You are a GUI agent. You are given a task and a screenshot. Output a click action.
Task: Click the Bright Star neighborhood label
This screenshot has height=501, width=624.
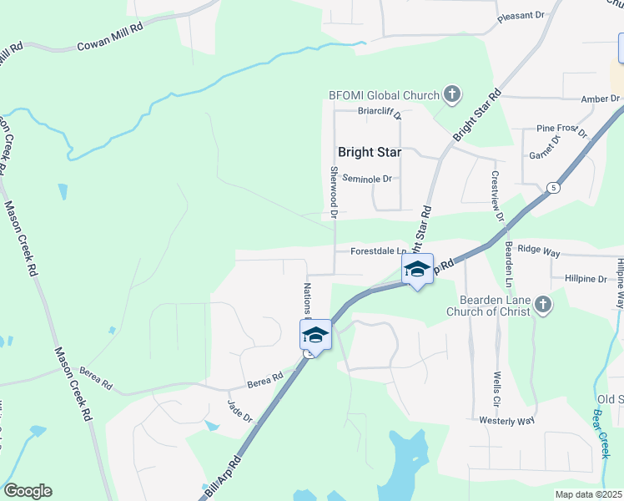(x=369, y=152)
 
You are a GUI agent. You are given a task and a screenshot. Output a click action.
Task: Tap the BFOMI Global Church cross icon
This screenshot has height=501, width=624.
(x=451, y=94)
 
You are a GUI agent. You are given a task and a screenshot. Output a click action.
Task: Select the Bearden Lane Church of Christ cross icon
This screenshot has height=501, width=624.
(x=543, y=305)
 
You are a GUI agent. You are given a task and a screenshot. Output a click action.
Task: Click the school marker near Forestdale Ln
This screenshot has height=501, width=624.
(x=418, y=269)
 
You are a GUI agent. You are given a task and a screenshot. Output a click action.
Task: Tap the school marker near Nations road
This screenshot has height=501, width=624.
(x=315, y=335)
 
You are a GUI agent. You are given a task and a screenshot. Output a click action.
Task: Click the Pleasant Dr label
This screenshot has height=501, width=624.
(x=521, y=15)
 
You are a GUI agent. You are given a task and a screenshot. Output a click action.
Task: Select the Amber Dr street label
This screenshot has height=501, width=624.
(x=601, y=99)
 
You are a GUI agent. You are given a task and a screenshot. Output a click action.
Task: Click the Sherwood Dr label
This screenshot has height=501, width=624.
(x=334, y=191)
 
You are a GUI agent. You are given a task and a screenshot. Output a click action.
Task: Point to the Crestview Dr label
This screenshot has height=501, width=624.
(x=497, y=196)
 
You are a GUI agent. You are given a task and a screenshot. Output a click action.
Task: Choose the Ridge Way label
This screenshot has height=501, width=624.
(x=539, y=249)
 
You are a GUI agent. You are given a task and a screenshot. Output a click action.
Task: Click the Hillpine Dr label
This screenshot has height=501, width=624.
(x=585, y=278)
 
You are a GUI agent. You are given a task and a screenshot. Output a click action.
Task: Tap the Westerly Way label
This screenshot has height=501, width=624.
(x=506, y=420)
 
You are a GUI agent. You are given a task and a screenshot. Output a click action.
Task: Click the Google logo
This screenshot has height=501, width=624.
(x=28, y=491)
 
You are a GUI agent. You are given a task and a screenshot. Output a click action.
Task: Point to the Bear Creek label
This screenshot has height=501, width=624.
(x=601, y=432)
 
